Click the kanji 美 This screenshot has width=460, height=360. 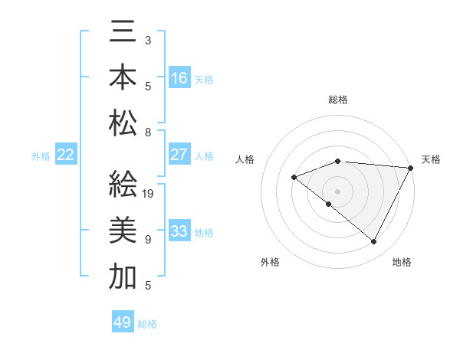click(123, 231)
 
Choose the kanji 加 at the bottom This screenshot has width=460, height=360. click(123, 276)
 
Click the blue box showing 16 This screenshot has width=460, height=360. click(179, 77)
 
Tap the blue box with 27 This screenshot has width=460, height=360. click(179, 154)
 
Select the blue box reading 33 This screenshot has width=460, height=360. click(179, 231)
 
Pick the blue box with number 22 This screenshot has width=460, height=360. click(66, 155)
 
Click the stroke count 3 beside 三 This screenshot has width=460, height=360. click(148, 40)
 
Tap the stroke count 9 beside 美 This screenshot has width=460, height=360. click(148, 240)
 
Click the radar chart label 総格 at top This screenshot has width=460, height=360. click(338, 100)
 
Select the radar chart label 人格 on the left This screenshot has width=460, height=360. click(245, 159)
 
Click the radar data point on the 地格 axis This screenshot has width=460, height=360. click(374, 242)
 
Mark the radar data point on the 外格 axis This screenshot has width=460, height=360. click(329, 204)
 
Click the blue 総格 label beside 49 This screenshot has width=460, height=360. click(148, 324)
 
